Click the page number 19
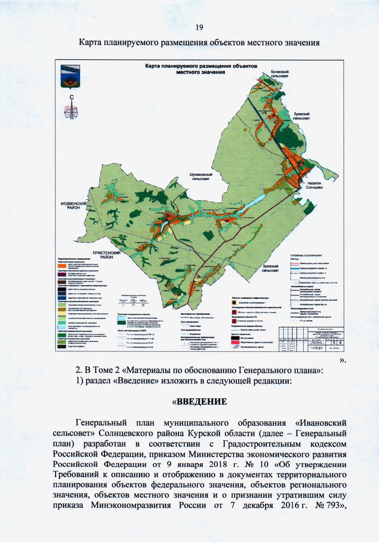[x=199, y=28]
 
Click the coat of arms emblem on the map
[x=70, y=76]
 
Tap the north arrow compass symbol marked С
[x=72, y=108]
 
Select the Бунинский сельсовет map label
[x=280, y=74]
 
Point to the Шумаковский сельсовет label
[x=201, y=176]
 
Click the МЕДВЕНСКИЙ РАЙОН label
[x=74, y=206]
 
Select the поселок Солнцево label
[x=314, y=185]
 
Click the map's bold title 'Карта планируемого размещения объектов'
[x=201, y=66]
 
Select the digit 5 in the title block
[x=334, y=342]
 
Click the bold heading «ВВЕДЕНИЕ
[x=199, y=402]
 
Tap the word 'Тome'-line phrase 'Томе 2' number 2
[x=116, y=370]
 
